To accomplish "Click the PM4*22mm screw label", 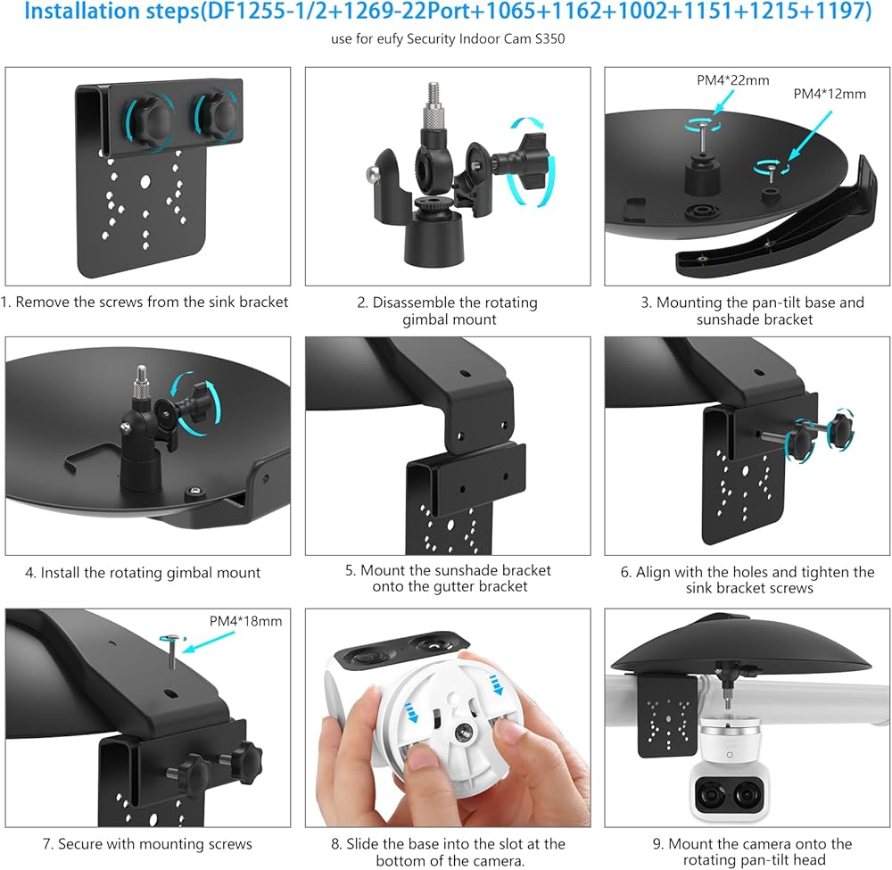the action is [732, 80].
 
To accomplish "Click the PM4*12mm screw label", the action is [830, 94].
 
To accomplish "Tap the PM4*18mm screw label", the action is [246, 621].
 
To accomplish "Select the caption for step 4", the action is [143, 572].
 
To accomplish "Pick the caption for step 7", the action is [147, 844].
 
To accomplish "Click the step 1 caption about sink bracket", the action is [145, 302].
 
